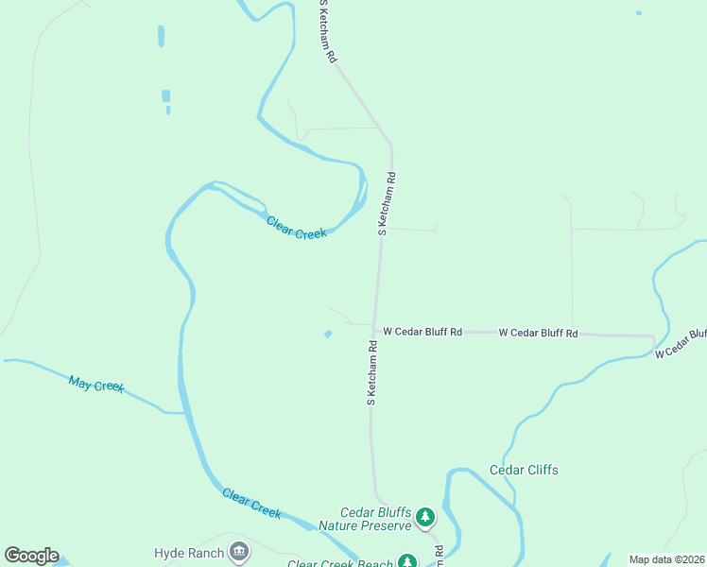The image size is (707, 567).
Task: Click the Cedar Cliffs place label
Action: click(524, 470)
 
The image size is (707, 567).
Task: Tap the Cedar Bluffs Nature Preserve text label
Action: click(365, 519)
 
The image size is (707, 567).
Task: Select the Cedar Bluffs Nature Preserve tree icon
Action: click(425, 516)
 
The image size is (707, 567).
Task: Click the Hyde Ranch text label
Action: click(189, 553)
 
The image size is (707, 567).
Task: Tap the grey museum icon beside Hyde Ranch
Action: click(239, 552)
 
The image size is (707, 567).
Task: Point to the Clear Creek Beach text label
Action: click(339, 563)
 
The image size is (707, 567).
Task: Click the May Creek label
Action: click(95, 385)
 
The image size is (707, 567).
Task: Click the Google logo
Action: click(31, 556)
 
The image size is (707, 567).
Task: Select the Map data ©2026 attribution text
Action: click(666, 559)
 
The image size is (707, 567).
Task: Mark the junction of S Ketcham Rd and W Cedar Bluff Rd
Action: click(374, 331)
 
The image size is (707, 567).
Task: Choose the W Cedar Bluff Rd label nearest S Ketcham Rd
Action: click(422, 332)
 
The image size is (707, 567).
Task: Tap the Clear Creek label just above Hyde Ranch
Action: click(251, 502)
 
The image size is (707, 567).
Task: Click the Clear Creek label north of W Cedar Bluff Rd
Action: click(296, 228)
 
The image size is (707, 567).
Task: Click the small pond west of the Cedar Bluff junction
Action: click(328, 334)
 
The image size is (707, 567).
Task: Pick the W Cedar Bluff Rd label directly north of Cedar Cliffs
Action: click(538, 333)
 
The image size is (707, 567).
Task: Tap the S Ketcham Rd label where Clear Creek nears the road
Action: click(387, 203)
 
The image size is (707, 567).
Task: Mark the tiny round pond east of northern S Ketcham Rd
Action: click(638, 13)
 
